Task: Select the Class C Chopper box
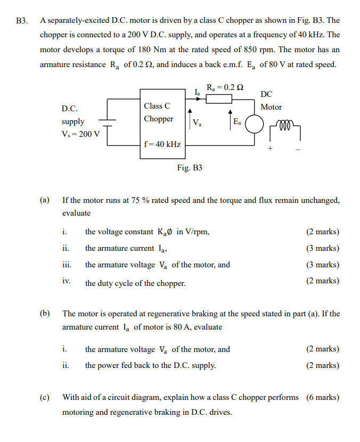click(162, 125)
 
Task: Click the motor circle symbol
click(255, 126)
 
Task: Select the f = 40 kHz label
click(162, 144)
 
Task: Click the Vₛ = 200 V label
click(80, 133)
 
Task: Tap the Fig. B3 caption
click(190, 168)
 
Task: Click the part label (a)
click(45, 200)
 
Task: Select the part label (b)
click(45, 314)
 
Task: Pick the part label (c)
click(45, 397)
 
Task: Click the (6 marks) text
click(323, 397)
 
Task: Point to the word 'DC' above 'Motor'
click(267, 94)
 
